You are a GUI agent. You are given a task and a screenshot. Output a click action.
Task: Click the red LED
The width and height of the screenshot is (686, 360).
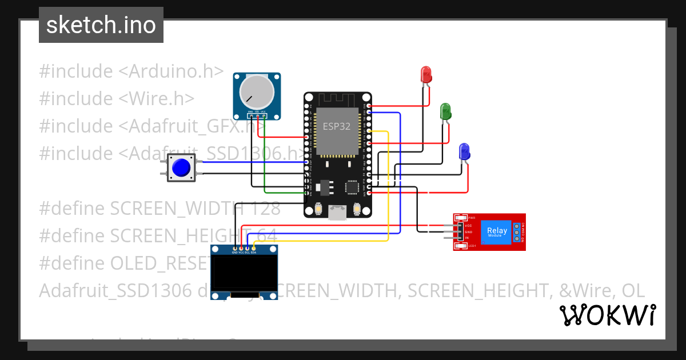click(x=426, y=74)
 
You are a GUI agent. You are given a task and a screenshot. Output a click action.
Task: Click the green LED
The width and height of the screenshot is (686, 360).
click(x=445, y=111)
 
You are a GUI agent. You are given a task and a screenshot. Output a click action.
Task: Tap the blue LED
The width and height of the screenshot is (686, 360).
click(x=465, y=152)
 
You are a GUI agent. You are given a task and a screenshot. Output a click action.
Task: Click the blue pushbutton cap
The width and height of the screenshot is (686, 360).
click(x=181, y=167)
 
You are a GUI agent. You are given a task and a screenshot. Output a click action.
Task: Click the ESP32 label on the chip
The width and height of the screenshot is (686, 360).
click(x=337, y=127)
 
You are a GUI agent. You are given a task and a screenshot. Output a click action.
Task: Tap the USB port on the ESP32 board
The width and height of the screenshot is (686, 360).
click(x=337, y=213)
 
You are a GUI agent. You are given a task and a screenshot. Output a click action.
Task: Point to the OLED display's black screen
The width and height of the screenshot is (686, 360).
click(x=244, y=273)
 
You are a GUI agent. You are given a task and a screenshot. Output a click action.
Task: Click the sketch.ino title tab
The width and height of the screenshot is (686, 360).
click(x=101, y=25)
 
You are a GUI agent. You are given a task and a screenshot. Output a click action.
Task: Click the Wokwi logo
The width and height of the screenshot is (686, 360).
click(x=607, y=315)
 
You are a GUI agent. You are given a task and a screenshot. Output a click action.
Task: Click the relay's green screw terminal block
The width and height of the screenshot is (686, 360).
click(x=517, y=232)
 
